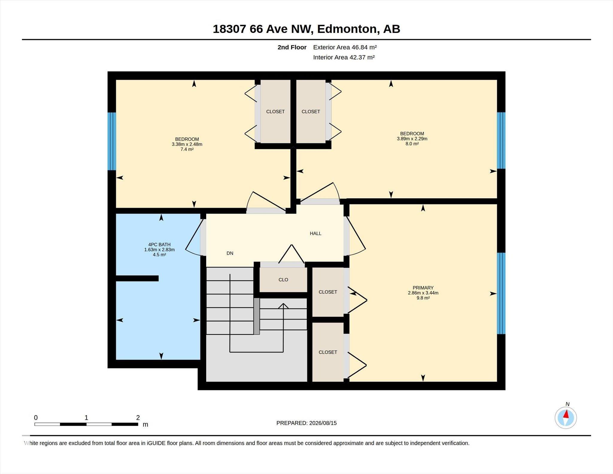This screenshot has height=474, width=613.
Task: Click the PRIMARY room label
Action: tap(423, 288)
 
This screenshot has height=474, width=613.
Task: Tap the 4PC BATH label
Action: tap(159, 245)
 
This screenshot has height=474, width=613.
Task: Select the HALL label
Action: tap(315, 234)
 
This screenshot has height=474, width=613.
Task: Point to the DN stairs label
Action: tap(230, 253)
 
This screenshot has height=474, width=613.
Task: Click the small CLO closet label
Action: tap(283, 280)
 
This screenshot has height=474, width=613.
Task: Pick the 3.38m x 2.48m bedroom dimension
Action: tap(187, 144)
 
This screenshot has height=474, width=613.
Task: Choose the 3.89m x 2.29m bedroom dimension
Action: tap(412, 139)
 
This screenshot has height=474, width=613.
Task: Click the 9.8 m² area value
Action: tap(423, 298)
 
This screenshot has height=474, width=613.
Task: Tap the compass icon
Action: tap(566, 418)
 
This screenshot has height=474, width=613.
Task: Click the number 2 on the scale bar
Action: tap(138, 418)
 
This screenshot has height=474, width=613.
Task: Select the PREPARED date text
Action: tap(306, 423)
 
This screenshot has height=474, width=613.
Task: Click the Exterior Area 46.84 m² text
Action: tap(345, 47)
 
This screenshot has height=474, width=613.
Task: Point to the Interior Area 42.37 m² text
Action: tap(344, 57)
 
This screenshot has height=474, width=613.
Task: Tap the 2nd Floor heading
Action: tap(292, 47)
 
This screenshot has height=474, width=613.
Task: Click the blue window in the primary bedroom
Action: tap(501, 293)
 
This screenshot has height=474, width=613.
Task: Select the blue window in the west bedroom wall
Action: tap(112, 141)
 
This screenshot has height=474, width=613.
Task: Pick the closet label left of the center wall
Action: tap(275, 112)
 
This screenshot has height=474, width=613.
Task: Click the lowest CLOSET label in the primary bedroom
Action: tap(328, 352)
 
